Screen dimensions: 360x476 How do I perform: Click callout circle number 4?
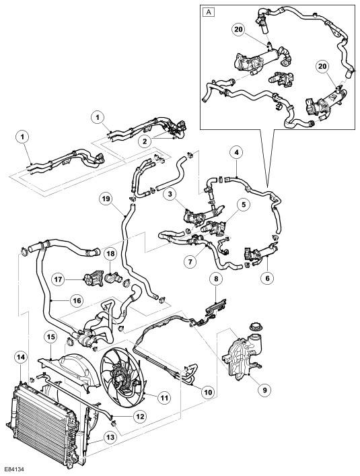tap(238, 154)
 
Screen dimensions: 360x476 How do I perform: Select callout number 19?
tap(108, 199)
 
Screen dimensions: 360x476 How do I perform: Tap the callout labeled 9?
tap(264, 389)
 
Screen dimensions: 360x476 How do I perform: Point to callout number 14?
tap(20, 358)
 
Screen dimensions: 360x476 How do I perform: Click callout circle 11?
tap(164, 397)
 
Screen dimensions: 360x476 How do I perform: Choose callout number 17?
tap(59, 279)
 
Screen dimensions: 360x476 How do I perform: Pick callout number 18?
tap(110, 254)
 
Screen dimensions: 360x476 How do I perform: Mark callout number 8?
tap(215, 279)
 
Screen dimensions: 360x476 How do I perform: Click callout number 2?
tap(145, 141)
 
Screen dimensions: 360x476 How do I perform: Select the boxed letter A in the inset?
tap(209, 12)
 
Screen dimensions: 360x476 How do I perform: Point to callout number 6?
tap(268, 277)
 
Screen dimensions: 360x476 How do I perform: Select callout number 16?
tap(77, 300)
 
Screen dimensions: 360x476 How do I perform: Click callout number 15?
tap(50, 337)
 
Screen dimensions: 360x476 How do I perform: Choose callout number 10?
tap(208, 393)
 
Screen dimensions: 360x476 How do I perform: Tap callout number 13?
tap(110, 437)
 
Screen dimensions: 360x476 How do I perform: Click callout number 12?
tap(140, 417)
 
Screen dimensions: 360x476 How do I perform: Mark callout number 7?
tap(190, 261)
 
